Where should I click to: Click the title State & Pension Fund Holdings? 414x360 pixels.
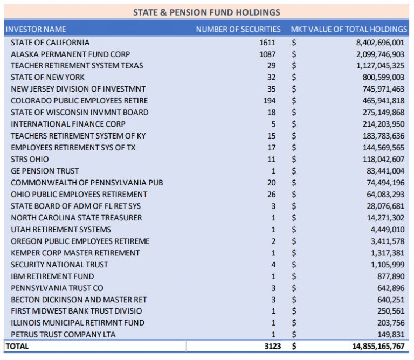pos(206,12)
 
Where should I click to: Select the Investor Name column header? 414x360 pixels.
pos(36,29)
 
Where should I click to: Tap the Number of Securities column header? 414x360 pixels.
pos(238,29)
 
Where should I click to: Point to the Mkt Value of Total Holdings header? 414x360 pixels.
pos(349,29)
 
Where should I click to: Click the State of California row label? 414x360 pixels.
pos(50,43)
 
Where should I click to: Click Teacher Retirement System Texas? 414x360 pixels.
pos(77,66)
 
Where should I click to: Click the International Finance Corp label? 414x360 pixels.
pos(68,124)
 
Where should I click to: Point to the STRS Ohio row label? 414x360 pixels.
pos(30,159)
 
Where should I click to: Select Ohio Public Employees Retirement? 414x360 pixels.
pos(79,194)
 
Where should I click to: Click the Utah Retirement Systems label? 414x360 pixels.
pos(61,230)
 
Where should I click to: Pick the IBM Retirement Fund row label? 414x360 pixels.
pos(52,276)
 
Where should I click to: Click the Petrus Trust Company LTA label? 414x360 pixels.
pos(63,335)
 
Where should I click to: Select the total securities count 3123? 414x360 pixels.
pos(273,346)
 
